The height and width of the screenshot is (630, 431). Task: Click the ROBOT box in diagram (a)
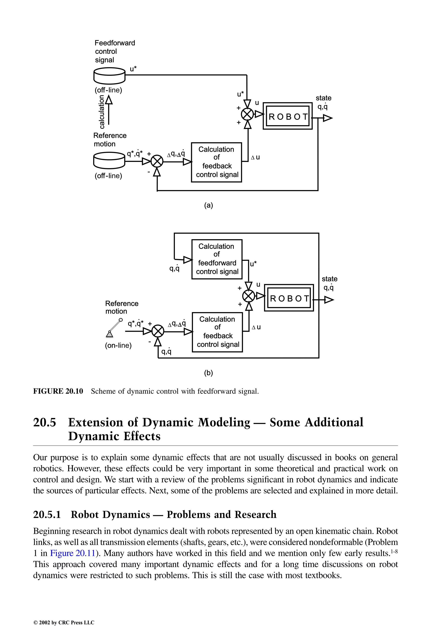tap(288, 116)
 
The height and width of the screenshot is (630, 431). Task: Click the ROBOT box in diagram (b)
tap(289, 298)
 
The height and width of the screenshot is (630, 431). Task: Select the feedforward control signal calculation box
tap(217, 259)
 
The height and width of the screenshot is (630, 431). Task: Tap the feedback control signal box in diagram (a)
tap(216, 162)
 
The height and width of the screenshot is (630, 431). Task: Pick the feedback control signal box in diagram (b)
tap(217, 332)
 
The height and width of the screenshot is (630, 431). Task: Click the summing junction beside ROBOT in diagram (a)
tap(247, 114)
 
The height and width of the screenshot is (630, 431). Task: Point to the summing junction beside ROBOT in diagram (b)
tap(248, 296)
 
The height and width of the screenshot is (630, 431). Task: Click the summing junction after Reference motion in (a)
tap(157, 162)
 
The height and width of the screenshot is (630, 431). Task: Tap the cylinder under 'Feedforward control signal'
tap(109, 76)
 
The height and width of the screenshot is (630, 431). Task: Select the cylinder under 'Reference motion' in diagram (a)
tap(109, 160)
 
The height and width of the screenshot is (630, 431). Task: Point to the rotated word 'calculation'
tap(102, 112)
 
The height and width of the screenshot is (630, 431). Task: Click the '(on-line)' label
tap(118, 346)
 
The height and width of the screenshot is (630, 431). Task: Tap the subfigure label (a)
tap(209, 205)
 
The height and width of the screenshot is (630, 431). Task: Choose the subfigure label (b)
tap(209, 373)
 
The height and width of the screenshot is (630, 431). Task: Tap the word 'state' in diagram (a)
tap(323, 98)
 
